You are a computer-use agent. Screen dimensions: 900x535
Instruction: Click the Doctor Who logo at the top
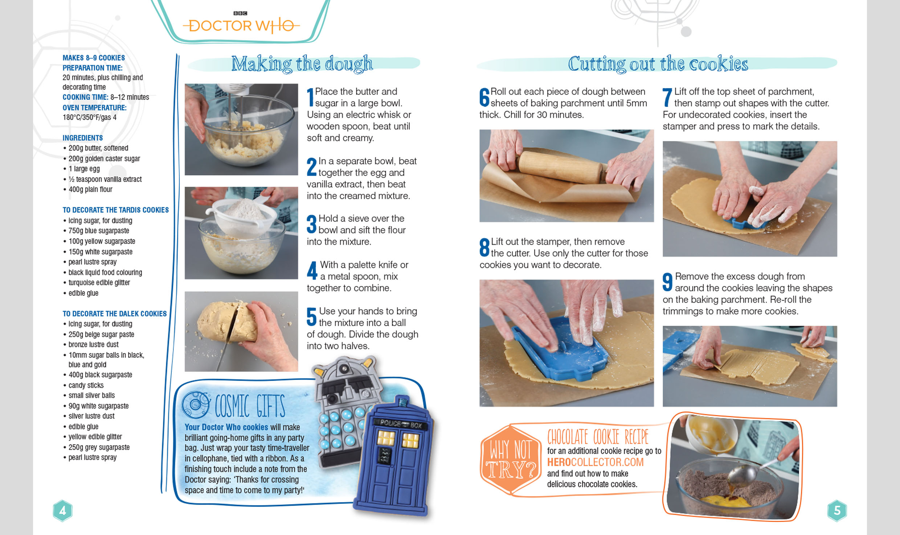241,23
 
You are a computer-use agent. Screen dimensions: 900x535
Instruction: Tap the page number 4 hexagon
62,511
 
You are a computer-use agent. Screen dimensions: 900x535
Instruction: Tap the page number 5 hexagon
837,511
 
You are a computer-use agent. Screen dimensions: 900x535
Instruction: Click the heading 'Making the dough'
302,64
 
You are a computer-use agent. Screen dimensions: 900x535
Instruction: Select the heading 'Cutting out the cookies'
658,64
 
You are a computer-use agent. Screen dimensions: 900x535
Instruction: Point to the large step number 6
484,97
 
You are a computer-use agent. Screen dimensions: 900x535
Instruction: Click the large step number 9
667,282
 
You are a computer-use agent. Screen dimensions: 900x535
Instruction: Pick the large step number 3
311,224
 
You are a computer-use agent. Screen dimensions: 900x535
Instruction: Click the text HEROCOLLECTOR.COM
595,462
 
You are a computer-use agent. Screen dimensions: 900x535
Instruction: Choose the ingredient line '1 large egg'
84,169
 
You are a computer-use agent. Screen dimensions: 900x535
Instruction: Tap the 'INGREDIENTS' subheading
82,138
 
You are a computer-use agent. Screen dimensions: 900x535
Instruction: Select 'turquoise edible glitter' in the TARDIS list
99,283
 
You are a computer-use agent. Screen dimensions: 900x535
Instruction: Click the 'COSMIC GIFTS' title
250,406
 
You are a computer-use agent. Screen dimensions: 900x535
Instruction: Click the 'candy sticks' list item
86,385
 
